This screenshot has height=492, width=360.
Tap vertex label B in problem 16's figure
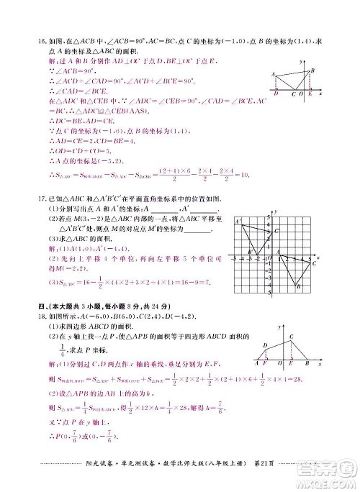312,70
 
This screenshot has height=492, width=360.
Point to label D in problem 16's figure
276,94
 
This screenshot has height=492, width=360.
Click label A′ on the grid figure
237,222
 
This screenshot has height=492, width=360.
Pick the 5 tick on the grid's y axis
269,217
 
